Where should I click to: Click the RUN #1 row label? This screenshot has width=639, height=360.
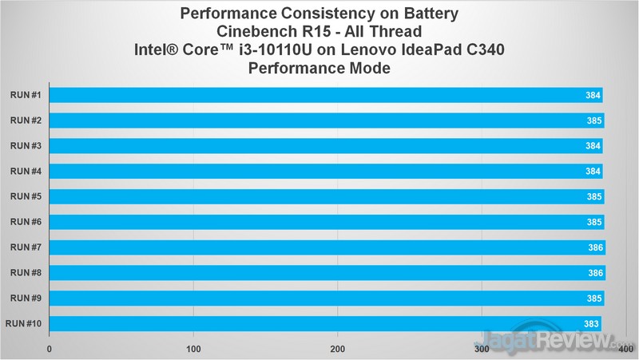[26, 95]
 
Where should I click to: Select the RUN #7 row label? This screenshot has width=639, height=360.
[26, 247]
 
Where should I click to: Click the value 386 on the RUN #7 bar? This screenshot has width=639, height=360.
[595, 248]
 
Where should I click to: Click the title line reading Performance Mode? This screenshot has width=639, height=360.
[319, 69]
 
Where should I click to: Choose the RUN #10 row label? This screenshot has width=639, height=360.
[24, 324]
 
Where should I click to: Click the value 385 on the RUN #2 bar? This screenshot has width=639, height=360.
[594, 121]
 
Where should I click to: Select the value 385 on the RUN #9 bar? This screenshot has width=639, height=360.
[594, 299]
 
